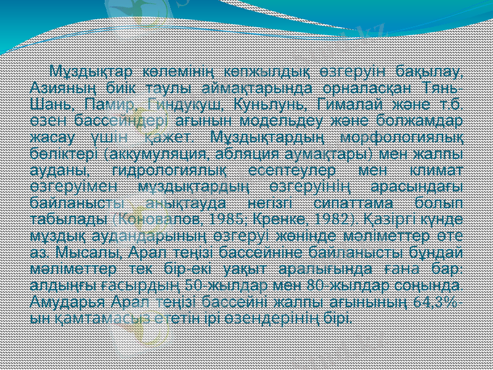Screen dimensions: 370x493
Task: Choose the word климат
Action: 432,168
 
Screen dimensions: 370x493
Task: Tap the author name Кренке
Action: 243,218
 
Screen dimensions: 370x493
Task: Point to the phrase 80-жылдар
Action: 302,285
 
